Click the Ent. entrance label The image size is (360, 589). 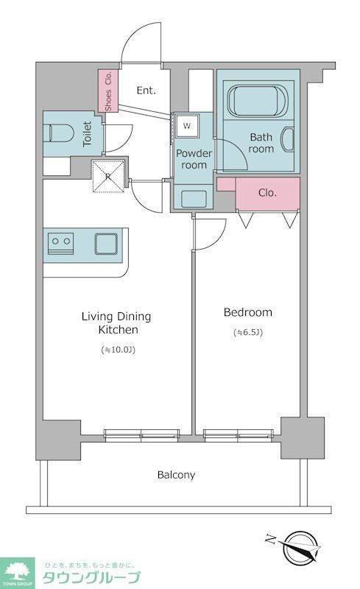click(x=147, y=91)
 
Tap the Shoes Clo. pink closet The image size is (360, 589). click(x=108, y=91)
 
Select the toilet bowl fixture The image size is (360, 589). click(x=58, y=133)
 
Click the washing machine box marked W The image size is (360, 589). click(x=187, y=126)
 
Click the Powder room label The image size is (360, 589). click(x=194, y=159)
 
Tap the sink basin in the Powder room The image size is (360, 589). click(x=194, y=199)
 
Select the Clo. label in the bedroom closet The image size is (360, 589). click(x=267, y=193)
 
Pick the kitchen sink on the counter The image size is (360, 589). click(x=106, y=244)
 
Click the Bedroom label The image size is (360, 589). click(x=248, y=312)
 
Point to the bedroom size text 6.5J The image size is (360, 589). click(x=248, y=333)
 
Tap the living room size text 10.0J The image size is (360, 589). click(x=118, y=350)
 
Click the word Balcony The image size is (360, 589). click(x=176, y=475)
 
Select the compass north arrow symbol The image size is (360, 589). click(x=297, y=547)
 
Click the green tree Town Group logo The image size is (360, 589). click(x=17, y=573)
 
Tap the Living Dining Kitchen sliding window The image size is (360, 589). click(x=141, y=434)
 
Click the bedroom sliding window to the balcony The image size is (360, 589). click(x=238, y=434)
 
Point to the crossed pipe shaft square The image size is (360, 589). click(x=108, y=176)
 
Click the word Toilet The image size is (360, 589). click(x=87, y=133)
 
